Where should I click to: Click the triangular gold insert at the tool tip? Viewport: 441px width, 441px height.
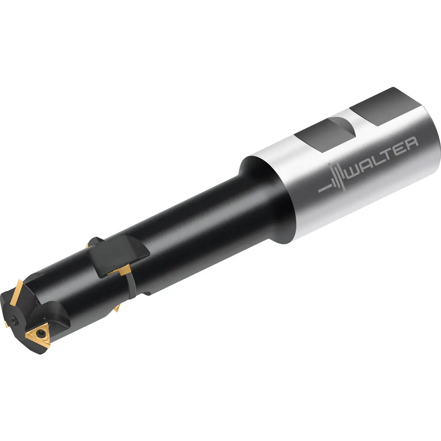click(x=38, y=335)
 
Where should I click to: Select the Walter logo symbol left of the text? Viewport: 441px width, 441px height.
click(x=333, y=179)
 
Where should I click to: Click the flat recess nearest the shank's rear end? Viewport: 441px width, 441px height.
click(x=385, y=106)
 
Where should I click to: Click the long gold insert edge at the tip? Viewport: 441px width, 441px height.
click(x=16, y=292)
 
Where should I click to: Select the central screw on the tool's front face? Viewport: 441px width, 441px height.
click(x=15, y=319)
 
